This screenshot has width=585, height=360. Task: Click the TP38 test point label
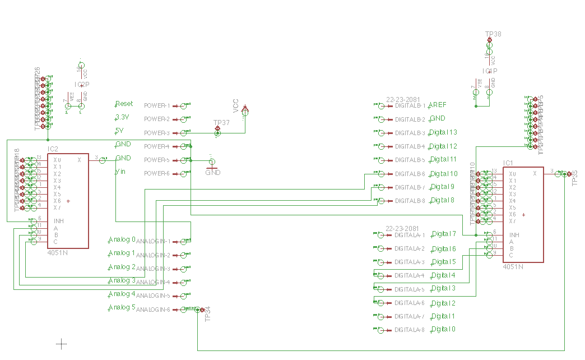[493, 34]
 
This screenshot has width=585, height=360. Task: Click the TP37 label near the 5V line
[221, 123]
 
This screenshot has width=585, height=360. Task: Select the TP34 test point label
[208, 314]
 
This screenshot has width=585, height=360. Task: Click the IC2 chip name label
[53, 150]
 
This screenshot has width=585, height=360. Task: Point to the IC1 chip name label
[508, 163]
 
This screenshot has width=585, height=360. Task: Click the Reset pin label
[124, 104]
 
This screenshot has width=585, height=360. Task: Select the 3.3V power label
[122, 117]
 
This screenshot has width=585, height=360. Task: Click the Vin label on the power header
[120, 172]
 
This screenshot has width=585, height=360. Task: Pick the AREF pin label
[437, 105]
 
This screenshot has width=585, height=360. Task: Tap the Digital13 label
[443, 132]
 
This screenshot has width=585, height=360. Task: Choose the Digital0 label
[443, 329]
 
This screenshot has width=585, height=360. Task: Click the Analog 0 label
[122, 239]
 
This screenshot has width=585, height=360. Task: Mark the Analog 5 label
[122, 307]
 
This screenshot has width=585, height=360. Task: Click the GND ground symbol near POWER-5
[212, 167]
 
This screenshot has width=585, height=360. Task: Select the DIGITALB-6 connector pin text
[410, 174]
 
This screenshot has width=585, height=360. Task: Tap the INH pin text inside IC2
[58, 221]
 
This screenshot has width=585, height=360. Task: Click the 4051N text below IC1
[513, 267]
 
